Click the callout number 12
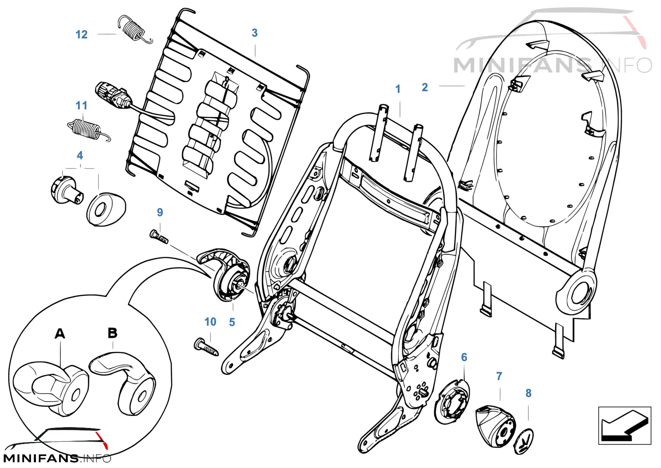click(81, 35)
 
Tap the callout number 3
click(254, 33)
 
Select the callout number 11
click(81, 106)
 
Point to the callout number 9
click(160, 212)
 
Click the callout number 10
click(210, 322)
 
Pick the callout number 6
click(464, 357)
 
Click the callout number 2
click(425, 87)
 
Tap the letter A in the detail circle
click(60, 333)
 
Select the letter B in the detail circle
click(112, 333)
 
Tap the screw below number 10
click(206, 347)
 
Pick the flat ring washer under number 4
click(106, 209)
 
